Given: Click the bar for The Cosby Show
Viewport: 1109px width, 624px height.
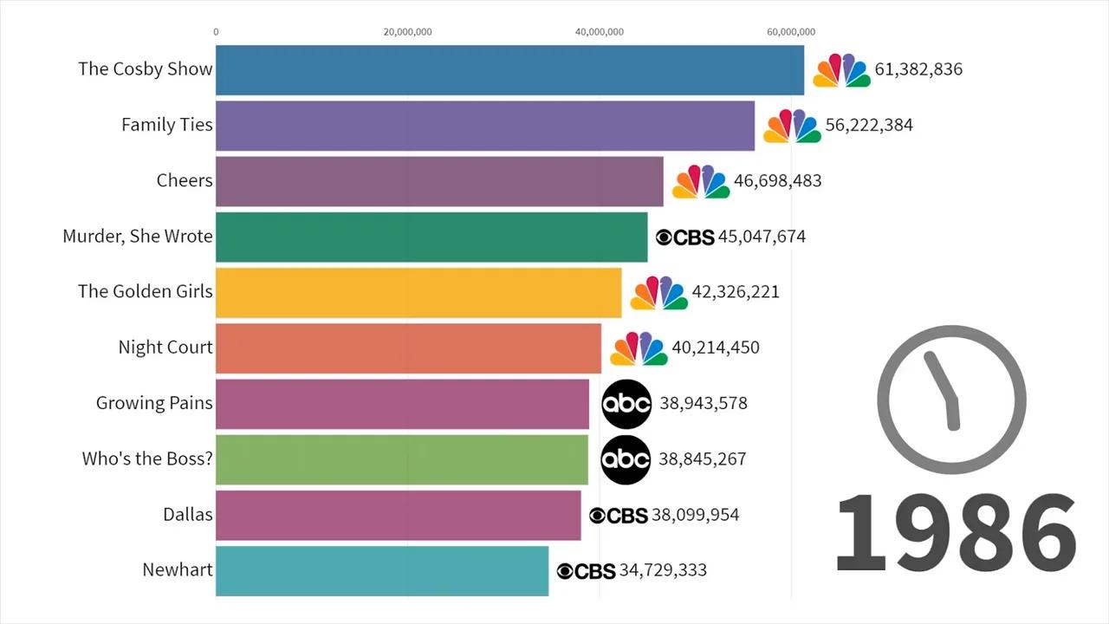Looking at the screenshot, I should click(x=509, y=70).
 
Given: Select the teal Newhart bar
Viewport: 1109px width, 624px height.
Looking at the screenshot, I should click(x=382, y=570).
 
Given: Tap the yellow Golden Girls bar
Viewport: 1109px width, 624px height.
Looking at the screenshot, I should click(x=418, y=292).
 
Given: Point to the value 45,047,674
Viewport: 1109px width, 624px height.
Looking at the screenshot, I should click(x=762, y=237).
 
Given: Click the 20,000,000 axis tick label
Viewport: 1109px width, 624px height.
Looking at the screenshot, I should click(x=407, y=32).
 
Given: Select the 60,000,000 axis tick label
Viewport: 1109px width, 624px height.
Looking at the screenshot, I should click(x=791, y=32).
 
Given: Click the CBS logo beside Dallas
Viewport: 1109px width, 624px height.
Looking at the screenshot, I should click(x=619, y=516).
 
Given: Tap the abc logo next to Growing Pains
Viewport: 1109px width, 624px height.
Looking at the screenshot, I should click(x=626, y=404).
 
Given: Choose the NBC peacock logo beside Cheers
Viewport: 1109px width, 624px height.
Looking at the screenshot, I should click(x=701, y=181).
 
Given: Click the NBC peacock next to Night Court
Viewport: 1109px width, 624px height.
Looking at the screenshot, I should click(x=639, y=348).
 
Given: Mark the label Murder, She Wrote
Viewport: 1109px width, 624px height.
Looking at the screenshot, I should click(x=138, y=237).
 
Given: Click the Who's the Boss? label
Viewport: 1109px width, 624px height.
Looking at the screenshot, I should click(x=147, y=458).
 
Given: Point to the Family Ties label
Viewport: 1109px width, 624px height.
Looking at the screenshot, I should click(x=166, y=125).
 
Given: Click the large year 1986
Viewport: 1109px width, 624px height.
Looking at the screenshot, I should click(x=956, y=532).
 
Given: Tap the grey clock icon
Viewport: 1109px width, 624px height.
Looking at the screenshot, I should click(x=951, y=400).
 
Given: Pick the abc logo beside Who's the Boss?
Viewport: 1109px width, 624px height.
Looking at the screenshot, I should click(x=626, y=459).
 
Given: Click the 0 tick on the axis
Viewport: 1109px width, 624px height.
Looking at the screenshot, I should click(x=216, y=32).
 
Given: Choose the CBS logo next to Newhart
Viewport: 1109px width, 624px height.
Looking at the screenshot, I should click(x=586, y=571).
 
